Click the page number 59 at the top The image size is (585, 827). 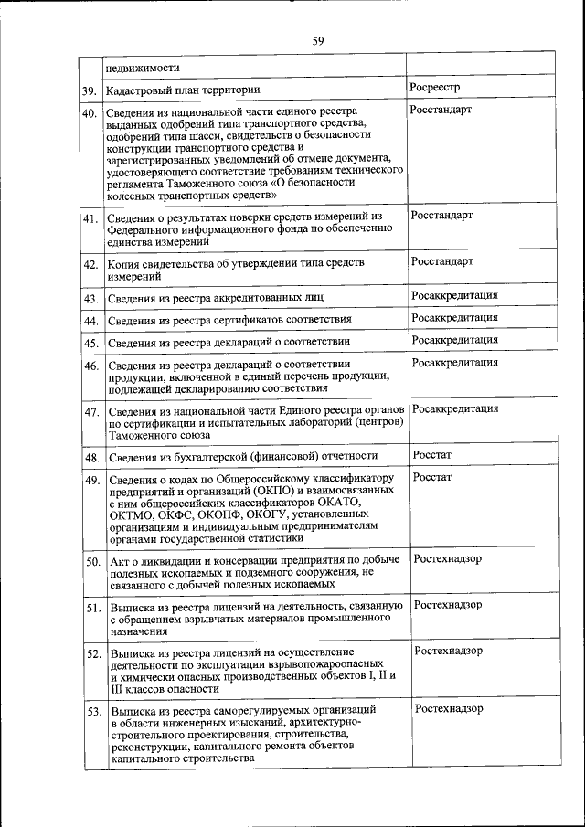point(318,40)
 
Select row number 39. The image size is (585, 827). point(90,90)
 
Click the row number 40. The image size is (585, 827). point(90,113)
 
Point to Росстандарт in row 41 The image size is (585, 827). point(442,215)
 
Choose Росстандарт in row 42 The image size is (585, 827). point(442,261)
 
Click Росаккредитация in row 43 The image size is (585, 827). point(455,295)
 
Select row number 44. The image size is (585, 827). point(90,321)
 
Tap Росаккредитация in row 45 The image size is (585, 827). point(455,340)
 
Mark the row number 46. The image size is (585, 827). point(90,366)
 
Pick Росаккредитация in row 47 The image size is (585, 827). point(455,408)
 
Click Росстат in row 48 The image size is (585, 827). point(432,454)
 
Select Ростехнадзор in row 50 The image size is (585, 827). point(448,557)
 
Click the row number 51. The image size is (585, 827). point(92,608)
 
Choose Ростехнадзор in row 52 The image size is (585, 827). point(449,651)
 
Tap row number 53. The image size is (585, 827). point(92,711)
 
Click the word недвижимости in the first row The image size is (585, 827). point(142,66)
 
